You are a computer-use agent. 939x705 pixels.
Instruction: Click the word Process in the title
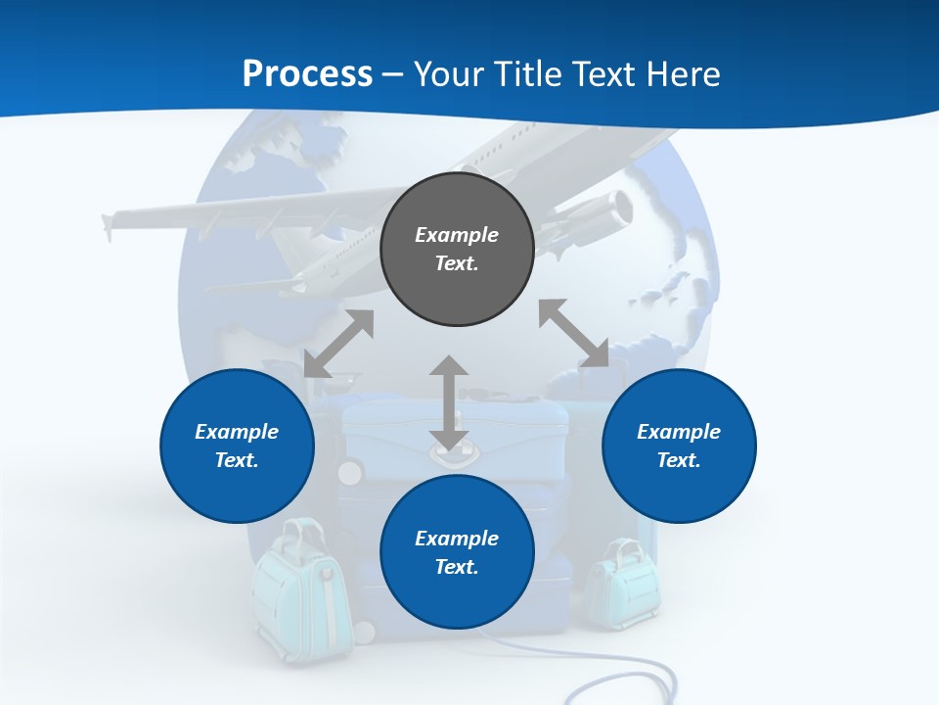click(x=307, y=74)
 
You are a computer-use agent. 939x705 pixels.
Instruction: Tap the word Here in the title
click(x=681, y=74)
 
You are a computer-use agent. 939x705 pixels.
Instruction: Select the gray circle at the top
click(x=457, y=249)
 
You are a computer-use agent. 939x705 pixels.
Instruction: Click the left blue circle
click(x=237, y=446)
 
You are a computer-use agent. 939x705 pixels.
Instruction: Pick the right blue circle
click(x=679, y=446)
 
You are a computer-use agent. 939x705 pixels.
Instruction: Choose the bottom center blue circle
click(x=457, y=552)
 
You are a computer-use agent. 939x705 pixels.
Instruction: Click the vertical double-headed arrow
click(x=449, y=403)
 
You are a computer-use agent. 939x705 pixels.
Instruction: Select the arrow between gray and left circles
click(x=338, y=344)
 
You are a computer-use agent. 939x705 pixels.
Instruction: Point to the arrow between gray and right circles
click(x=574, y=334)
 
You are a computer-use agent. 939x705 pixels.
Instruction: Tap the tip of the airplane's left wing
click(x=108, y=223)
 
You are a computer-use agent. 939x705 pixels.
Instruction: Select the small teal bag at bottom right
click(x=622, y=585)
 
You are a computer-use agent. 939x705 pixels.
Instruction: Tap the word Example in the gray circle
click(x=457, y=235)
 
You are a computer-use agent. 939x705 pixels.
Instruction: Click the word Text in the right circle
click(x=679, y=460)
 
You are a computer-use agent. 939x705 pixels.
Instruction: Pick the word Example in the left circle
click(x=237, y=432)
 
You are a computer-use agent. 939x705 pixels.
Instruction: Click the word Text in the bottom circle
click(x=457, y=567)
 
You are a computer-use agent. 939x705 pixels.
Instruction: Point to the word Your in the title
click(x=448, y=74)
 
